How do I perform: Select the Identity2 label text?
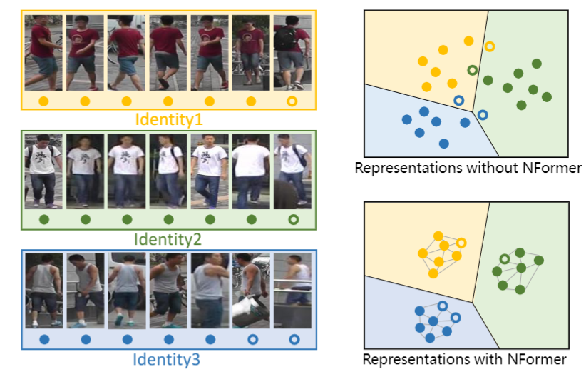168,238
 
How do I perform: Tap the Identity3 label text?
168,360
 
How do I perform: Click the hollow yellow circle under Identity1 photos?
292,101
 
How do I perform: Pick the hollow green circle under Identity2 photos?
292,220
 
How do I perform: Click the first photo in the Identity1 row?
43,51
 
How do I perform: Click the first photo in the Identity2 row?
43,170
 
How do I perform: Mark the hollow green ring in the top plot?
472,69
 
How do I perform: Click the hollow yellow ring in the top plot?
490,46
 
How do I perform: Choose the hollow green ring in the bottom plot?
504,259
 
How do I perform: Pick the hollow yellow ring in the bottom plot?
461,243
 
